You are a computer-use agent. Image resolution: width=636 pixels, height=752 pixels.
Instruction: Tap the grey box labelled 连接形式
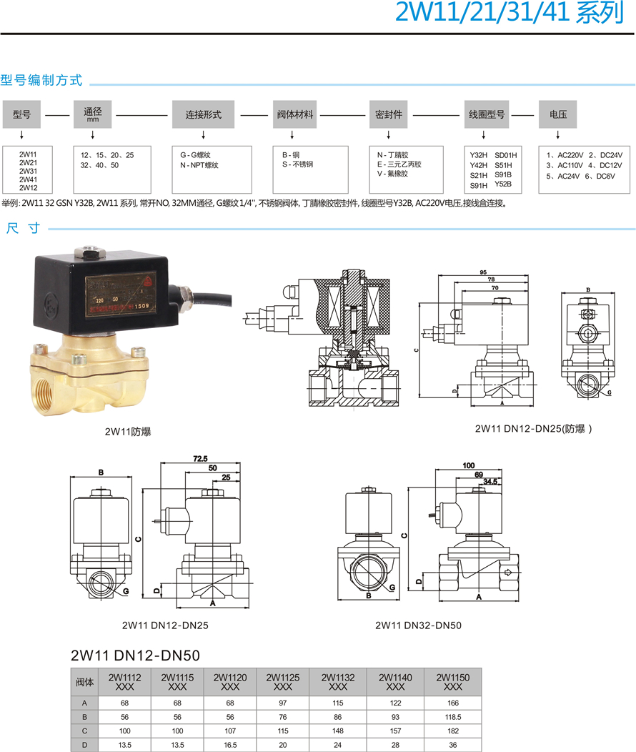point(204,114)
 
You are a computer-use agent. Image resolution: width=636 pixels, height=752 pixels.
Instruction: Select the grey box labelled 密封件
point(389,114)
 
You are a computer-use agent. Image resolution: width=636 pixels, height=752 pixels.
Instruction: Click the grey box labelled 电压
point(557,114)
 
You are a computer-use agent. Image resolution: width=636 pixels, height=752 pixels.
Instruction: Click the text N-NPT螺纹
point(199,165)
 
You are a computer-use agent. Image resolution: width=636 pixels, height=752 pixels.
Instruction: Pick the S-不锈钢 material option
point(297,165)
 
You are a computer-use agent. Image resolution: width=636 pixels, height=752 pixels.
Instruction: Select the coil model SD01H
point(505,155)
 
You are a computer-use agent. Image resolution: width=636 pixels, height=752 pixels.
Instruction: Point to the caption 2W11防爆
point(128,431)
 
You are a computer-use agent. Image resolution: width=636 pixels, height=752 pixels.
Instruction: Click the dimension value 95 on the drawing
point(483,272)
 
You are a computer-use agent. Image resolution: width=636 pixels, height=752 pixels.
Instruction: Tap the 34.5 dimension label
point(490,482)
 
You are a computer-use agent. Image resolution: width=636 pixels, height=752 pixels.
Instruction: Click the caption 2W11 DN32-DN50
point(418,625)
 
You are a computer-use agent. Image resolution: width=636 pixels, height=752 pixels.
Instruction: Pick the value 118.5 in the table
point(452,716)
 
